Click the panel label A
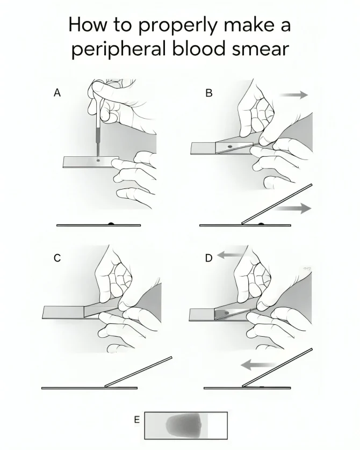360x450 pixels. point(57,93)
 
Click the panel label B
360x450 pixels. point(209,93)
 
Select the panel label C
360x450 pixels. point(57,258)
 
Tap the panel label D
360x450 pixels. point(209,258)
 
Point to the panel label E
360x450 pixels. point(136,419)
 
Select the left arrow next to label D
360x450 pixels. point(229,256)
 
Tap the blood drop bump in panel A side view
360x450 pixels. point(110,223)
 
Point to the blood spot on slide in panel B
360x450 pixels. point(230,146)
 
